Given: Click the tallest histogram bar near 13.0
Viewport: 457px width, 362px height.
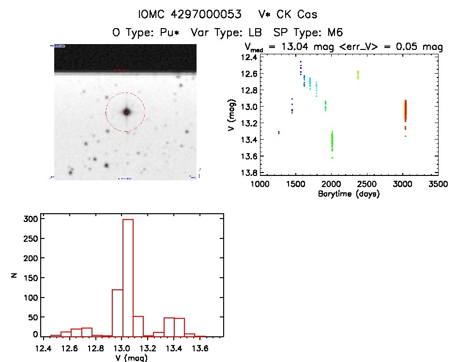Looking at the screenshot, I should click(128, 276).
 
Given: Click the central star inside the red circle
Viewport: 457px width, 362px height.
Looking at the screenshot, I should click(127, 111).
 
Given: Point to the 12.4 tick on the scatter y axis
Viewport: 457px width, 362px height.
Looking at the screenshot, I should click(250, 57).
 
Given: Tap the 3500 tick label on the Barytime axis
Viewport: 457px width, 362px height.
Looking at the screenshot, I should click(438, 185).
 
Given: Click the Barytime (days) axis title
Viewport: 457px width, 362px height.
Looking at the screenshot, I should click(349, 194).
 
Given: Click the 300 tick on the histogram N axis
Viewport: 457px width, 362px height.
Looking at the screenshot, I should click(30, 219).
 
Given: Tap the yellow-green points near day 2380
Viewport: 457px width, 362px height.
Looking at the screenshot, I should click(358, 75).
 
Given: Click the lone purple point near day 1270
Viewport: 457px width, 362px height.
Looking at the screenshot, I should click(279, 132).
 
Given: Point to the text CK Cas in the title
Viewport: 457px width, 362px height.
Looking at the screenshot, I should click(296, 15).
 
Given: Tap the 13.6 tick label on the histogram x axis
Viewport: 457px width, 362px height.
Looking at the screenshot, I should click(199, 348).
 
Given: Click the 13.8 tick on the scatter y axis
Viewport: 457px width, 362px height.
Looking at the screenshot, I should click(250, 173).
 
